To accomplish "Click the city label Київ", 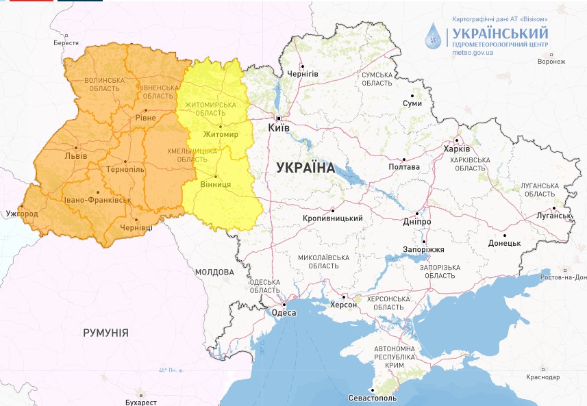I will [x=278, y=128].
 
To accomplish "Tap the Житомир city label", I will [x=221, y=134].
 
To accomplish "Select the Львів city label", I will [x=75, y=155].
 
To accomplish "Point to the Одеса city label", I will [x=284, y=313].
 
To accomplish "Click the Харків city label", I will [x=457, y=149].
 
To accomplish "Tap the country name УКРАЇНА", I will [x=305, y=168].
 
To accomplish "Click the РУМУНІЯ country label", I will [x=105, y=332].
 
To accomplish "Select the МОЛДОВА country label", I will [x=214, y=272].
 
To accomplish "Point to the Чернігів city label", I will [x=303, y=73].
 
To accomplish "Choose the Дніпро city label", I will [x=416, y=223].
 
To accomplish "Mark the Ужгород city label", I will [x=22, y=214].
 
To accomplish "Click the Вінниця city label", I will [x=215, y=185].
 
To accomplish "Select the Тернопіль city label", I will [x=125, y=169].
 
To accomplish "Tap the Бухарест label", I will [x=141, y=402].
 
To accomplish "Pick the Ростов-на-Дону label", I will [x=563, y=277].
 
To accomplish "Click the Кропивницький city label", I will [x=332, y=218].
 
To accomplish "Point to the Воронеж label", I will [x=551, y=62].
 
